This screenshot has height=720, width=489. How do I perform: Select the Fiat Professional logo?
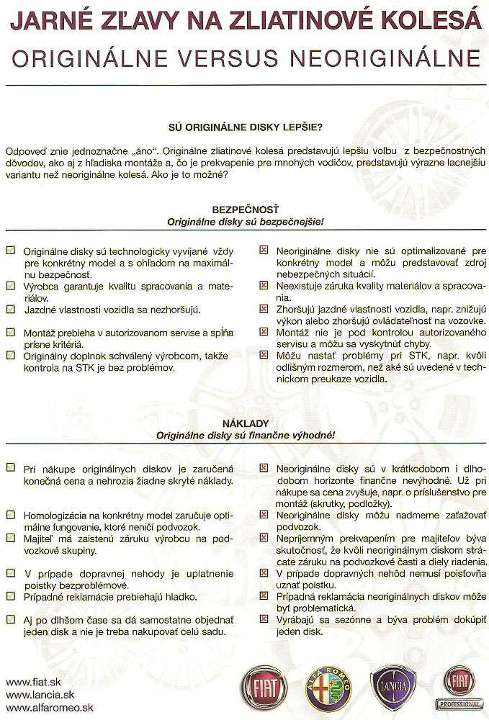459,687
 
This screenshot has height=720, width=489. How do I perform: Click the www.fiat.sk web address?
32,682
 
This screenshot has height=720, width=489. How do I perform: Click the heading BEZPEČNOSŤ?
244,210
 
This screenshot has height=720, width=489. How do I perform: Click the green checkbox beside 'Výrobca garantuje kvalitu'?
10,285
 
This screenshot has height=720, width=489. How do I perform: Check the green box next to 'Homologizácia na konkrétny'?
10,515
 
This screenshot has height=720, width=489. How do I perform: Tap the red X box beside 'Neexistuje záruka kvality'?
264,285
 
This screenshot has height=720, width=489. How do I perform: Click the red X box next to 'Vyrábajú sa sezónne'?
264,618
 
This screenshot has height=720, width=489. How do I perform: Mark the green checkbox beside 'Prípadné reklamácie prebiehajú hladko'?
10,595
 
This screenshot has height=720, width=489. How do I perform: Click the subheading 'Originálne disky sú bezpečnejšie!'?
244,222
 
